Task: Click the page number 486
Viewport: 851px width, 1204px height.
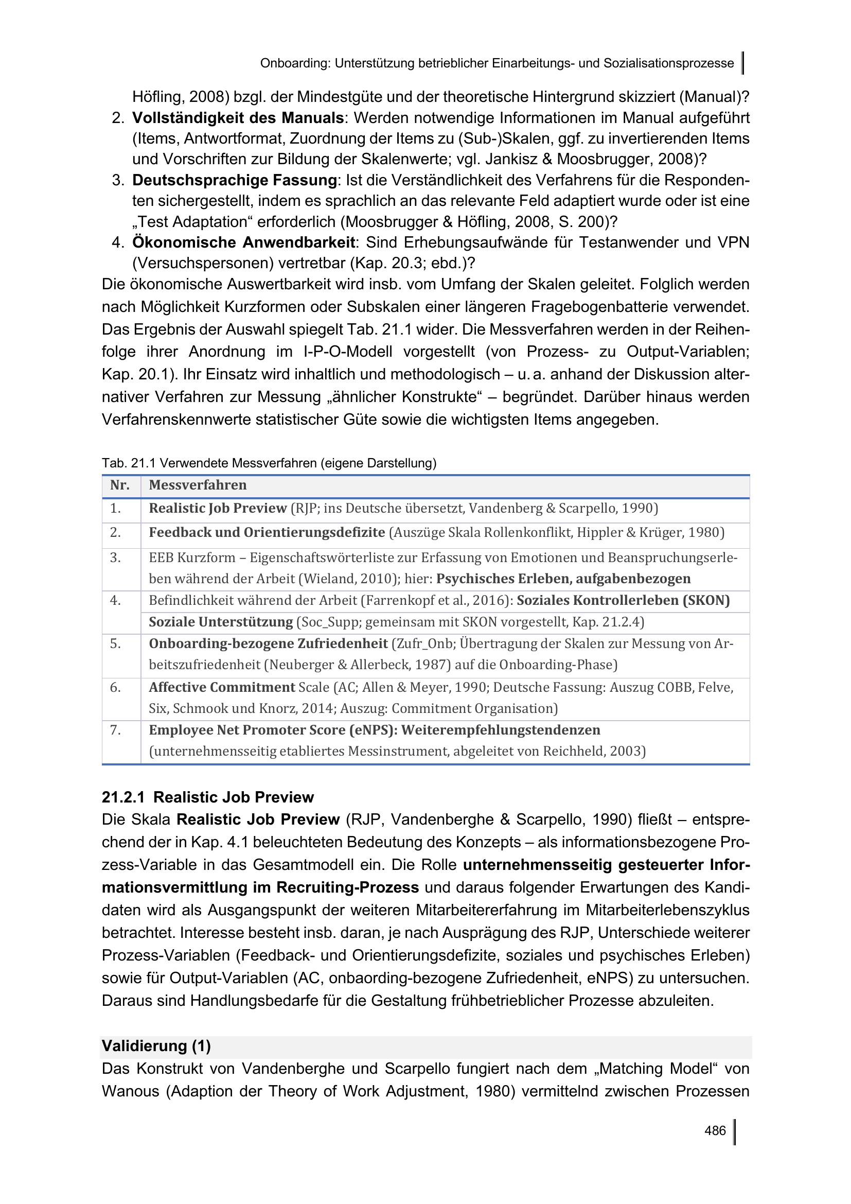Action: (x=715, y=1130)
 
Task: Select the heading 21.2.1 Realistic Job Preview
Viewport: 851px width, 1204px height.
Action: (x=207, y=797)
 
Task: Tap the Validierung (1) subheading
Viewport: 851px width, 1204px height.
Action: (x=156, y=1045)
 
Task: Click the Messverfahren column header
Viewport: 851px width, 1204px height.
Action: (x=198, y=485)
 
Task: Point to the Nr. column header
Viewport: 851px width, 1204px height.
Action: (x=120, y=485)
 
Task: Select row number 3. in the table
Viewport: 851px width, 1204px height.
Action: (x=115, y=557)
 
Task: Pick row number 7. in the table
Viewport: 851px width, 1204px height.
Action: (x=115, y=730)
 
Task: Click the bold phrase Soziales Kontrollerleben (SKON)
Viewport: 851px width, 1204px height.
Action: (x=623, y=600)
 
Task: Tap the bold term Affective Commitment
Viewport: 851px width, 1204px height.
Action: (x=222, y=687)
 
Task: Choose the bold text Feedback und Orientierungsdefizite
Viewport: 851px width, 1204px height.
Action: (x=267, y=533)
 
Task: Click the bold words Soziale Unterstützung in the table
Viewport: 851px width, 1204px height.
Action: (x=221, y=622)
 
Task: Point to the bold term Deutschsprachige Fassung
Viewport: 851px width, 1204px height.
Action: (x=234, y=180)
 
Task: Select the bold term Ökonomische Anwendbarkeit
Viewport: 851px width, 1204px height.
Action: (x=244, y=242)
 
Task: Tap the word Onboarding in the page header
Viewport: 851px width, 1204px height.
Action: (x=295, y=63)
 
